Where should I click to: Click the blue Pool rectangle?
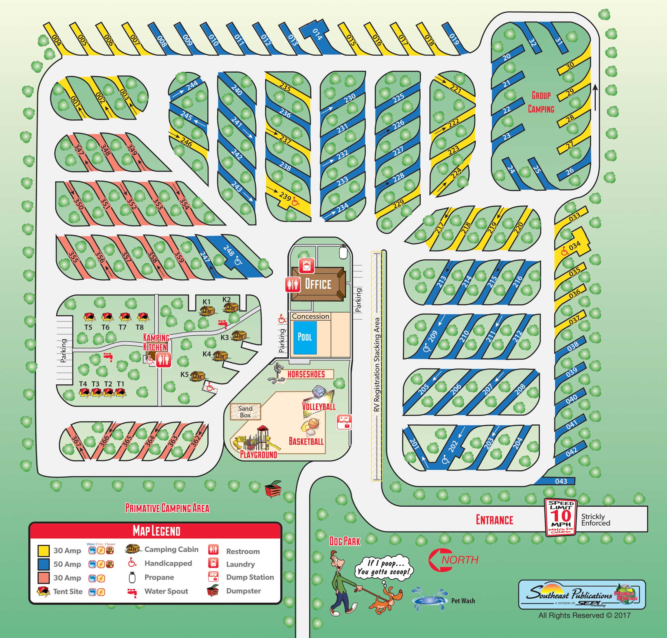pyautogui.click(x=304, y=337)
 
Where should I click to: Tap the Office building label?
pyautogui.click(x=318, y=284)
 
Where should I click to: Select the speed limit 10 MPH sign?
pyautogui.click(x=561, y=517)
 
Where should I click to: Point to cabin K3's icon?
pyautogui.click(x=239, y=336)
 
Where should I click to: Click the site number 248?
pyautogui.click(x=228, y=251)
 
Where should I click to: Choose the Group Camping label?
pyautogui.click(x=541, y=102)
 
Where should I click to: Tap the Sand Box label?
pyautogui.click(x=245, y=412)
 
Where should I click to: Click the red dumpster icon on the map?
pyautogui.click(x=273, y=489)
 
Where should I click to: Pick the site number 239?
pyautogui.click(x=285, y=196)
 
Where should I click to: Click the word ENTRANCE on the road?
pyautogui.click(x=494, y=520)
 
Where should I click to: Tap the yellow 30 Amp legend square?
pyautogui.click(x=44, y=551)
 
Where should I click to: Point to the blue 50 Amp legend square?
pyautogui.click(x=44, y=564)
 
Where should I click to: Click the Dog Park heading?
pyautogui.click(x=345, y=541)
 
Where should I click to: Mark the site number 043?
pyautogui.click(x=561, y=481)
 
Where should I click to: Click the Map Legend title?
pyautogui.click(x=156, y=531)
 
